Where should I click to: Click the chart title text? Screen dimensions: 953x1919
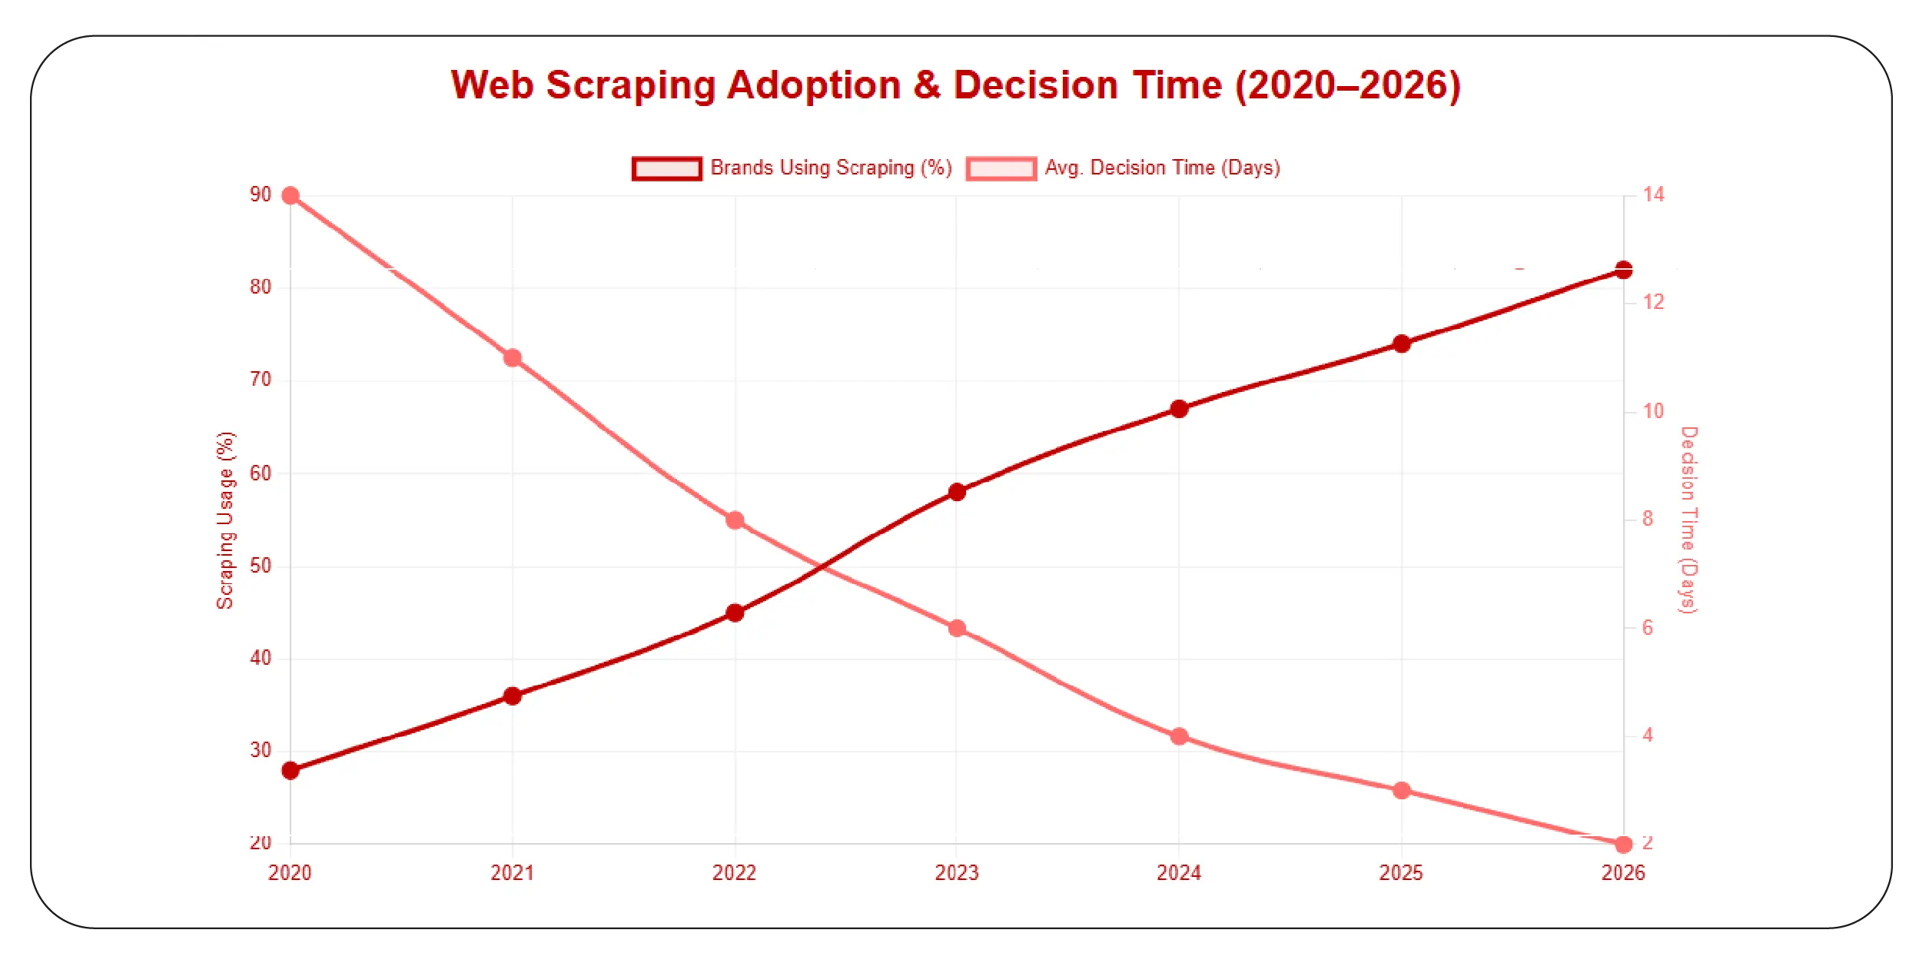click(955, 85)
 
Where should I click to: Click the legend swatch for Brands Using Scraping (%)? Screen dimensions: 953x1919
click(666, 168)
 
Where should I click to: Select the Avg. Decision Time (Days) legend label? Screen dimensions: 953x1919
click(1161, 168)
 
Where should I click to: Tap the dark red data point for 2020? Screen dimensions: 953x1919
click(291, 770)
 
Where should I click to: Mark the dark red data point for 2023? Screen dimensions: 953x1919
click(957, 492)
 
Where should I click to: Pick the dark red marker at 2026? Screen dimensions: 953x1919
click(1623, 270)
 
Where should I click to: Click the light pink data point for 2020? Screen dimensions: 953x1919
click(291, 196)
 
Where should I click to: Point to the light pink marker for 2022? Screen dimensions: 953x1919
click(735, 520)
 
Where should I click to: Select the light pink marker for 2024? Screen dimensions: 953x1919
click(1179, 736)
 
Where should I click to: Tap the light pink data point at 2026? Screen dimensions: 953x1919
click(1623, 845)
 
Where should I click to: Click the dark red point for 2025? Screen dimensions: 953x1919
click(1401, 344)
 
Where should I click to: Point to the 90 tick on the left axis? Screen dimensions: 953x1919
click(261, 195)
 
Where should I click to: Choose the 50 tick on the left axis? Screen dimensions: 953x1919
click(261, 566)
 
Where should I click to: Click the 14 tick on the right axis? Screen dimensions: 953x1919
click(1653, 195)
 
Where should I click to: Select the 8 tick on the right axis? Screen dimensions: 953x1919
click(1647, 520)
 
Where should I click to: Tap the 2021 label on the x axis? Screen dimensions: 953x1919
click(512, 873)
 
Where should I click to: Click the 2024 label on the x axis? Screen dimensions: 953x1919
click(1178, 873)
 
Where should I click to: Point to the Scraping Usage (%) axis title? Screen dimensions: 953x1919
click(224, 520)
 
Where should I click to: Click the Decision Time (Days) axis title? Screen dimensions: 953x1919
click(1688, 520)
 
